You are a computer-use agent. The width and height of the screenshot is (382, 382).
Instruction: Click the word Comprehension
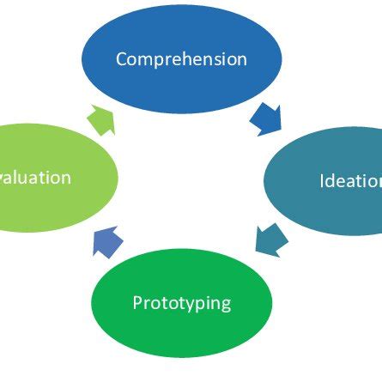tap(181, 59)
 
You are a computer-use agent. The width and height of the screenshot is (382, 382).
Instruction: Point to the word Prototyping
tap(181, 304)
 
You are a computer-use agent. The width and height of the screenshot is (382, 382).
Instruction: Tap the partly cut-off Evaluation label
tap(35, 178)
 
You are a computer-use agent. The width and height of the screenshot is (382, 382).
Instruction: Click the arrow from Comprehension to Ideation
tap(265, 118)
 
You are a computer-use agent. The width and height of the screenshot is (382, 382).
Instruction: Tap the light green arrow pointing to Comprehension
tap(101, 120)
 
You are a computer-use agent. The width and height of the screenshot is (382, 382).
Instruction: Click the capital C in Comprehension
tap(122, 59)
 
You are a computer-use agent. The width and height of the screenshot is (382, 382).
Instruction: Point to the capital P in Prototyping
tap(137, 303)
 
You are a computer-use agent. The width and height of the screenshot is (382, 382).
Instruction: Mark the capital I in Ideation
tap(322, 181)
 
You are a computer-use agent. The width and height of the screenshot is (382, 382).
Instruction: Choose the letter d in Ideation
tap(331, 181)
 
